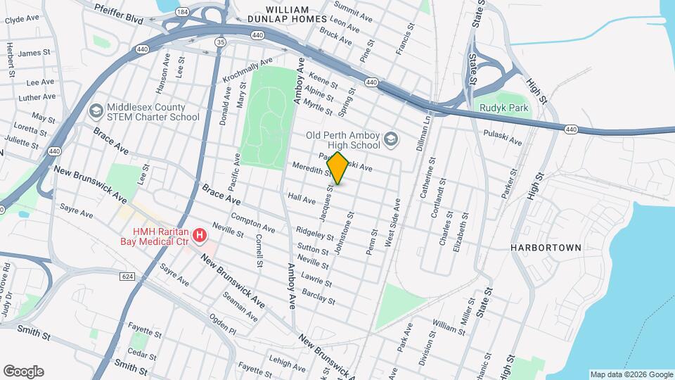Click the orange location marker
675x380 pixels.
point(338,168)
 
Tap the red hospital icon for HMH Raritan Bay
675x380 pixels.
point(200,235)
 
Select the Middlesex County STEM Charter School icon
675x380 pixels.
point(95,111)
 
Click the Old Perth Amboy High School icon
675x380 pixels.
point(391,140)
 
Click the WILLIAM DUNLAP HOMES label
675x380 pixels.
point(287,14)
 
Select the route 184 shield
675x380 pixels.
point(183,12)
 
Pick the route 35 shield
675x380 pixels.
point(221,43)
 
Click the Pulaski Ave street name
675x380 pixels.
point(503,137)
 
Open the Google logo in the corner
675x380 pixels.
point(23,371)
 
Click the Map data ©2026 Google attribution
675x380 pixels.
point(631,374)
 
